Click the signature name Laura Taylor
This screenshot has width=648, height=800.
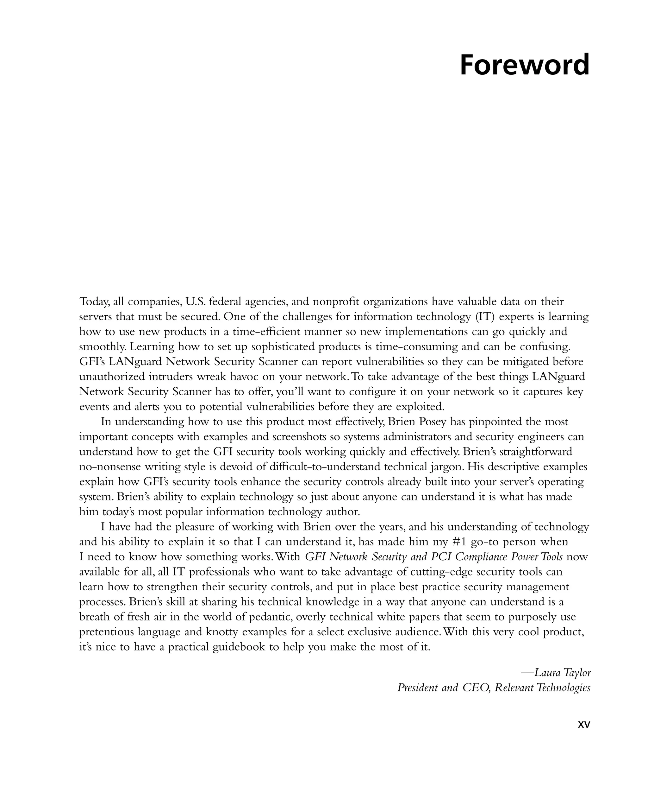pos(563,673)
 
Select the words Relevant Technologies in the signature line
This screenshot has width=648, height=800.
pos(542,688)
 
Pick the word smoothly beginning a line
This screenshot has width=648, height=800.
pos(102,347)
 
